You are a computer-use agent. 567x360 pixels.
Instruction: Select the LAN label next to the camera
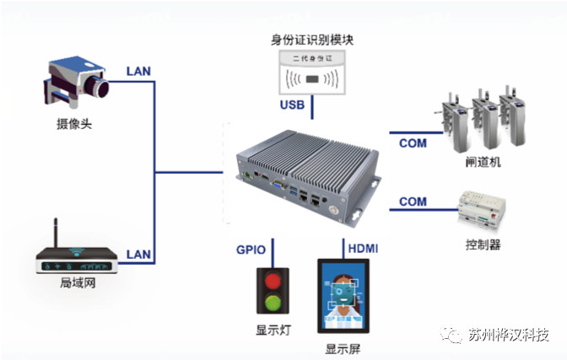point(138,72)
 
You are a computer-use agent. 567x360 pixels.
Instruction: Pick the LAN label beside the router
point(138,254)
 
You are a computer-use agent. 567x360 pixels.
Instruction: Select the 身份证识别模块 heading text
point(310,39)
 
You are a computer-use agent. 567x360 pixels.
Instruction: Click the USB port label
point(293,105)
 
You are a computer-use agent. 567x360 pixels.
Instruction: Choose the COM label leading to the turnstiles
point(413,143)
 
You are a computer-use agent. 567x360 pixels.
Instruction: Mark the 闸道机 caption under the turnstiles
point(483,160)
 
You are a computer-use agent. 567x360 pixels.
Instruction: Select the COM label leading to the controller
point(413,201)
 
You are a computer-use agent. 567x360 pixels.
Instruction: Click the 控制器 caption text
point(483,244)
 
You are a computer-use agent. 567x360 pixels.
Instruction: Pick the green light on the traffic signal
point(272,304)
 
